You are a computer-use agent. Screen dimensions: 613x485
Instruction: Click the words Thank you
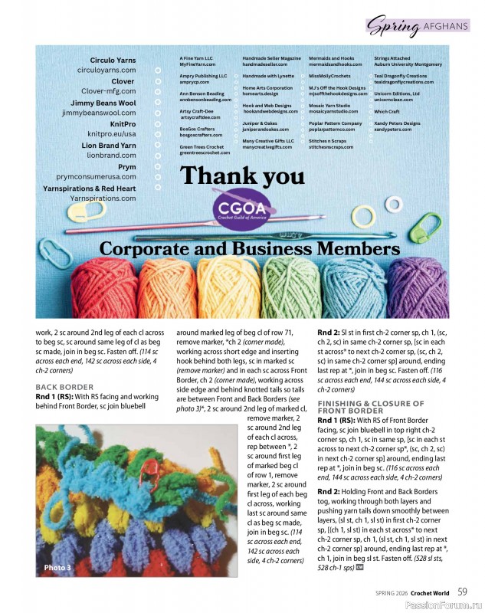point(242,175)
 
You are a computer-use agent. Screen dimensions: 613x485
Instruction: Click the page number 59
point(463,591)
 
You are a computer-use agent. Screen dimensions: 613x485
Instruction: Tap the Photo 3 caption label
point(57,567)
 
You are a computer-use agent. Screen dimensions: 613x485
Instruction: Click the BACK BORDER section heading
point(64,387)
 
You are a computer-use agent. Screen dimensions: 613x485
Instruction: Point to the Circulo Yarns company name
point(113,60)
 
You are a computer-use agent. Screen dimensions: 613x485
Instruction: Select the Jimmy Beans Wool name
point(103,103)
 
